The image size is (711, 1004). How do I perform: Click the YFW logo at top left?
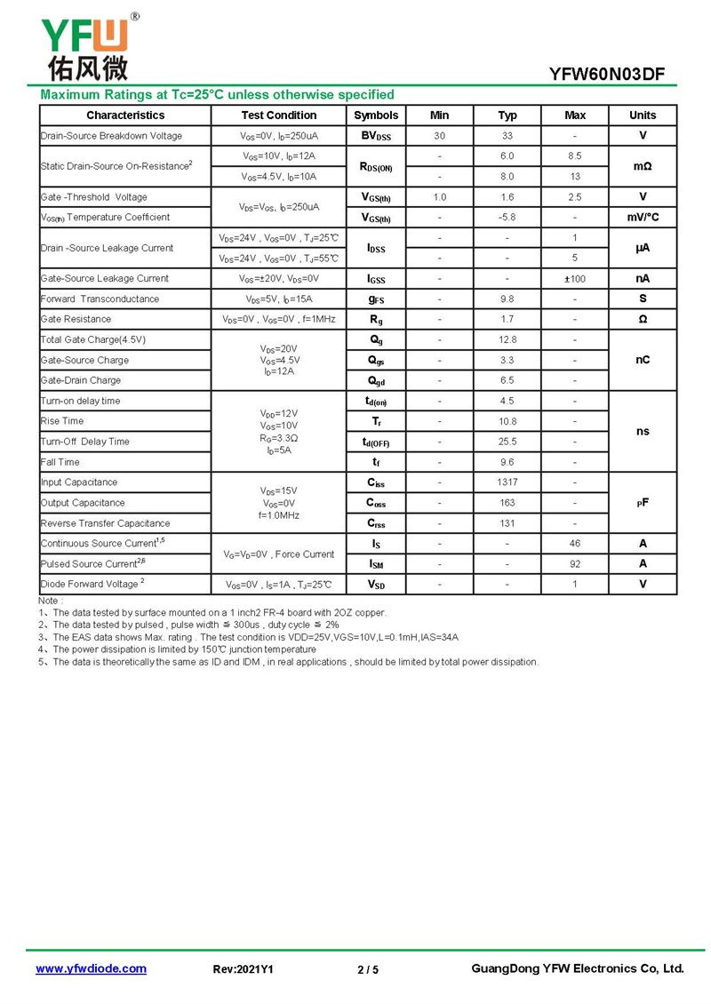pyautogui.click(x=85, y=46)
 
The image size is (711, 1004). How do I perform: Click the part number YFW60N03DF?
pyautogui.click(x=607, y=75)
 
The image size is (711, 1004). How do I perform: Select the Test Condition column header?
pyautogui.click(x=278, y=116)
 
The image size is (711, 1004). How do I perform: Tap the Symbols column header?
pyautogui.click(x=376, y=116)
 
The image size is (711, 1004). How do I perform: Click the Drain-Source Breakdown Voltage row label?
pyautogui.click(x=111, y=136)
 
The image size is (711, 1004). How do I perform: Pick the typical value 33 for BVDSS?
pyautogui.click(x=507, y=136)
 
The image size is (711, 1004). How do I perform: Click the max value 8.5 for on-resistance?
pyautogui.click(x=575, y=156)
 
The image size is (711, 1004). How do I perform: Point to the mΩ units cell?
pyautogui.click(x=643, y=166)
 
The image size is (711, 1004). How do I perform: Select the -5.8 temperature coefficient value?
pyautogui.click(x=507, y=218)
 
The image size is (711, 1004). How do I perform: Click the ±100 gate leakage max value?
pyautogui.click(x=575, y=279)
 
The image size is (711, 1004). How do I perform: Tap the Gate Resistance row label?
pyautogui.click(x=76, y=319)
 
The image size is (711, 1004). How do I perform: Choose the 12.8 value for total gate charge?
pyautogui.click(x=507, y=340)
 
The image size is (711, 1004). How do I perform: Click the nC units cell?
pyautogui.click(x=643, y=360)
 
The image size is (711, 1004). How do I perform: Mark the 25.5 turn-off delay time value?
pyautogui.click(x=507, y=442)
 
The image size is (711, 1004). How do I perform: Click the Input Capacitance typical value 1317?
pyautogui.click(x=507, y=482)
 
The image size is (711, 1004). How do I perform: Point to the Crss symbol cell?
pyautogui.click(x=376, y=523)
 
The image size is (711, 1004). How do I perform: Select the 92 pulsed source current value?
pyautogui.click(x=575, y=563)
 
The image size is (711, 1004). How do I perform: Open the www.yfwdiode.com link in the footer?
pyautogui.click(x=91, y=968)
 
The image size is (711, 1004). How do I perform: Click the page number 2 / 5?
pyautogui.click(x=368, y=969)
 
